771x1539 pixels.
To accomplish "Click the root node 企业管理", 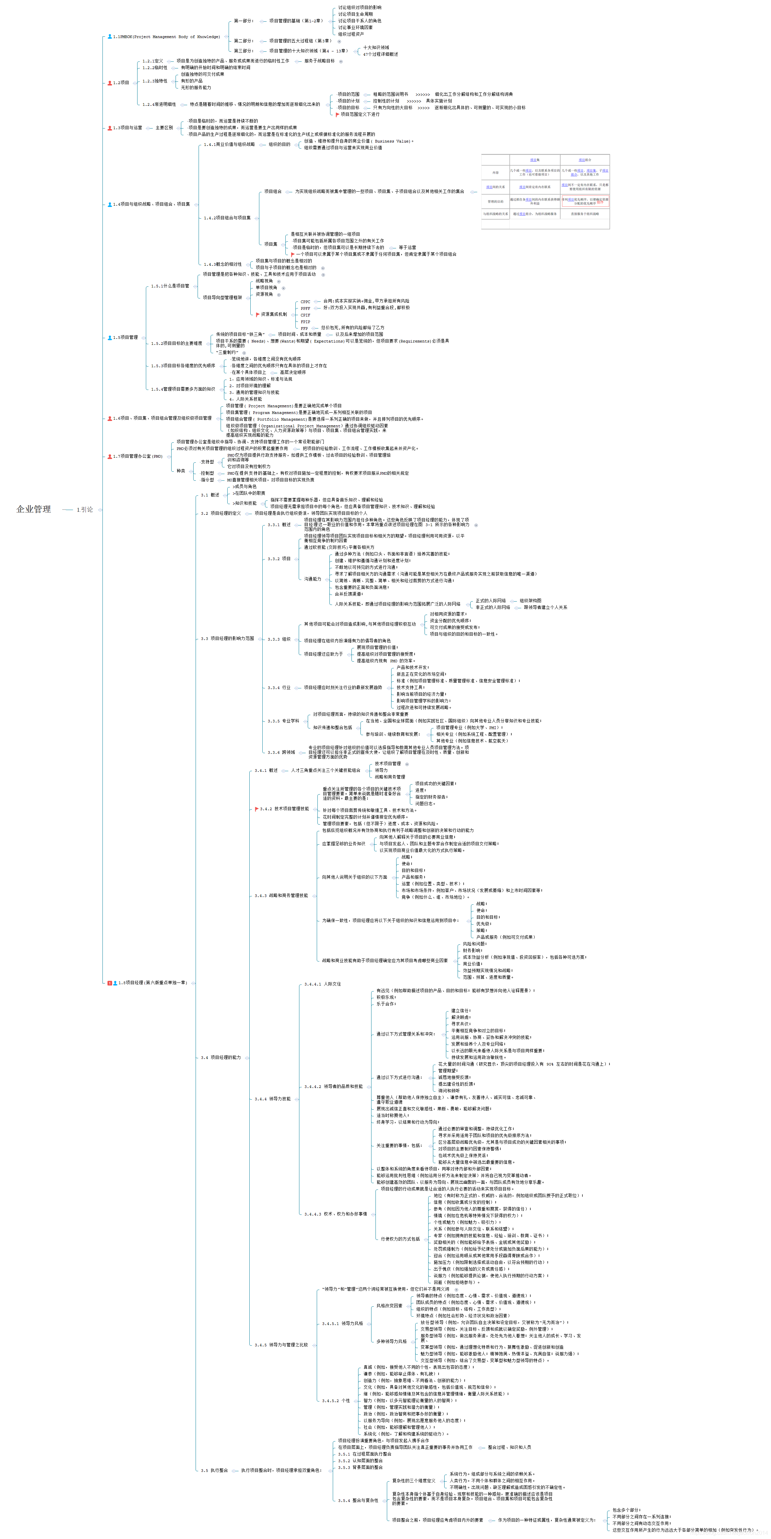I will [x=33, y=509].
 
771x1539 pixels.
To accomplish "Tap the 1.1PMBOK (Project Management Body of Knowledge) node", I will [x=166, y=37].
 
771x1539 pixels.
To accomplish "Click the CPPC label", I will [x=305, y=302].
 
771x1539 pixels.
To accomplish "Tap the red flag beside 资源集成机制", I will [x=257, y=314].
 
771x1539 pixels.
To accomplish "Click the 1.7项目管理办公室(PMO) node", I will [x=138, y=456].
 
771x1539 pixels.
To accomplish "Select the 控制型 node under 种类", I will [x=207, y=473].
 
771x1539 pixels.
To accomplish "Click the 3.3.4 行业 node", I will [x=279, y=688].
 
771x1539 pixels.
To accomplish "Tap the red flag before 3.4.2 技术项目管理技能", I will [x=257, y=809].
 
